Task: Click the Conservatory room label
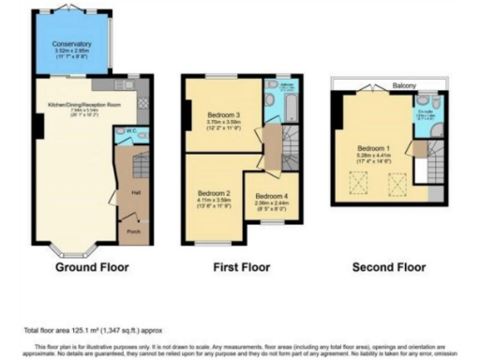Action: point(71,44)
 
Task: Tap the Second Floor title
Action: point(388,268)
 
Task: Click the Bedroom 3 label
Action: point(224,114)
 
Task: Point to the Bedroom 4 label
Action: point(273,196)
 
